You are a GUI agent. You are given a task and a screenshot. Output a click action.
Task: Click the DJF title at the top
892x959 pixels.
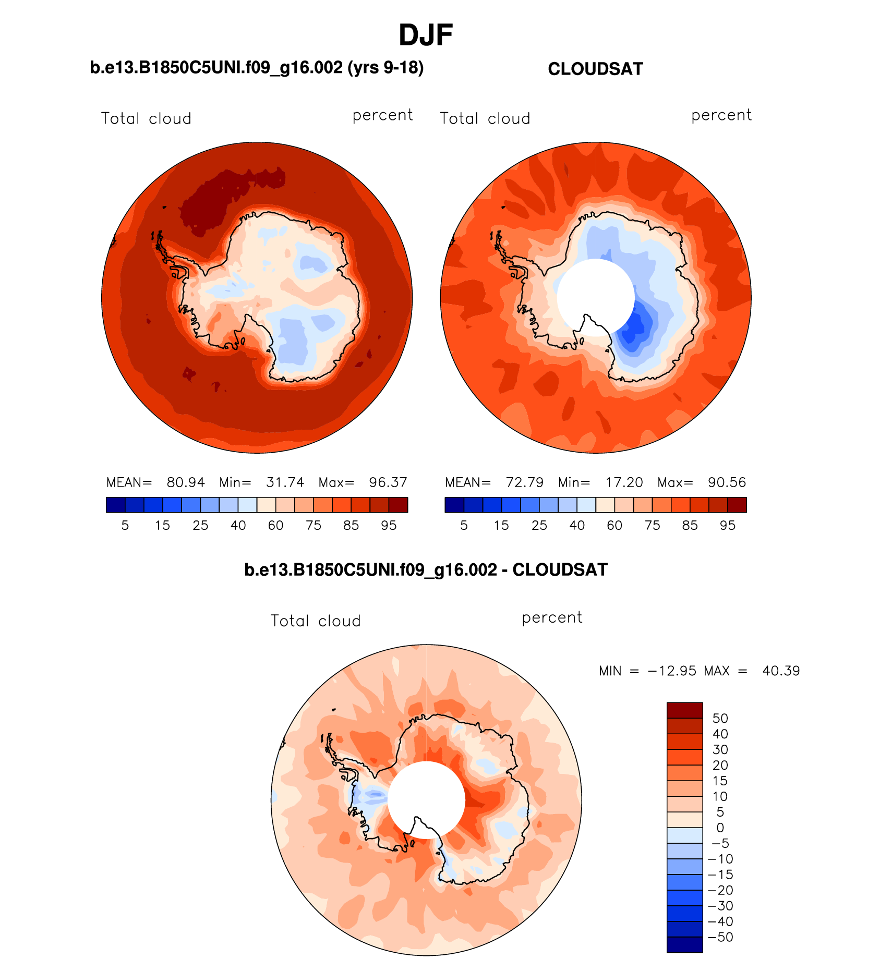425,35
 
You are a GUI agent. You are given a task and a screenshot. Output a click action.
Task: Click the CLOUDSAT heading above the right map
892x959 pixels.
595,69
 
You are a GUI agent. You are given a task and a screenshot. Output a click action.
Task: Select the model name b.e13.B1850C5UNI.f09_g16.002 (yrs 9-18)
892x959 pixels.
257,68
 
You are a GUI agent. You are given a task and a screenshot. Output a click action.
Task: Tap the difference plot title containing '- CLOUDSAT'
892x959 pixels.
426,569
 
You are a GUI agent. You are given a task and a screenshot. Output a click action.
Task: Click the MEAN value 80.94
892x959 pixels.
186,482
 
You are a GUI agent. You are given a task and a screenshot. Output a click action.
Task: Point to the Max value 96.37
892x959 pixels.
388,482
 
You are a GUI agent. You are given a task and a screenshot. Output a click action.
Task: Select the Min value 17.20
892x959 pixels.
624,482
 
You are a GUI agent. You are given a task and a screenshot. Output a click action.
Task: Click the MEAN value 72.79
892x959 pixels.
525,482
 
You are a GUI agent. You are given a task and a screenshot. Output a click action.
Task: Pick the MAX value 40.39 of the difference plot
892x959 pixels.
781,671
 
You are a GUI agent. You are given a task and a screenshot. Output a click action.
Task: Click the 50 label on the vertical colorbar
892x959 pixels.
720,718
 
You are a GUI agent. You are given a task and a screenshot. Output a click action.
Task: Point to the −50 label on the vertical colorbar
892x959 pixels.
720,937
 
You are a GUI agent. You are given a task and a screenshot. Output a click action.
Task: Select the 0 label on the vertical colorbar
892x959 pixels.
720,828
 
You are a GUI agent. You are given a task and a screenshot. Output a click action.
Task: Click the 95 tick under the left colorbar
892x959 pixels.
389,526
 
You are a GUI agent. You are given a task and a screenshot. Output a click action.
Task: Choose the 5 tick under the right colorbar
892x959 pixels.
464,526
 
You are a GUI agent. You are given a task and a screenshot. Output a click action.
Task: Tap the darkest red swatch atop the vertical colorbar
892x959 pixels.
684,710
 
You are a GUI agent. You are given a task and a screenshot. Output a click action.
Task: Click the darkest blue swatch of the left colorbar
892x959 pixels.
115,505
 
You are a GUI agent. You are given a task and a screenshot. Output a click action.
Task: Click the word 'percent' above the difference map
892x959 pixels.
552,617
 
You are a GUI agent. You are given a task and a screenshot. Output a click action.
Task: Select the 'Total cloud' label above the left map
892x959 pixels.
146,118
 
